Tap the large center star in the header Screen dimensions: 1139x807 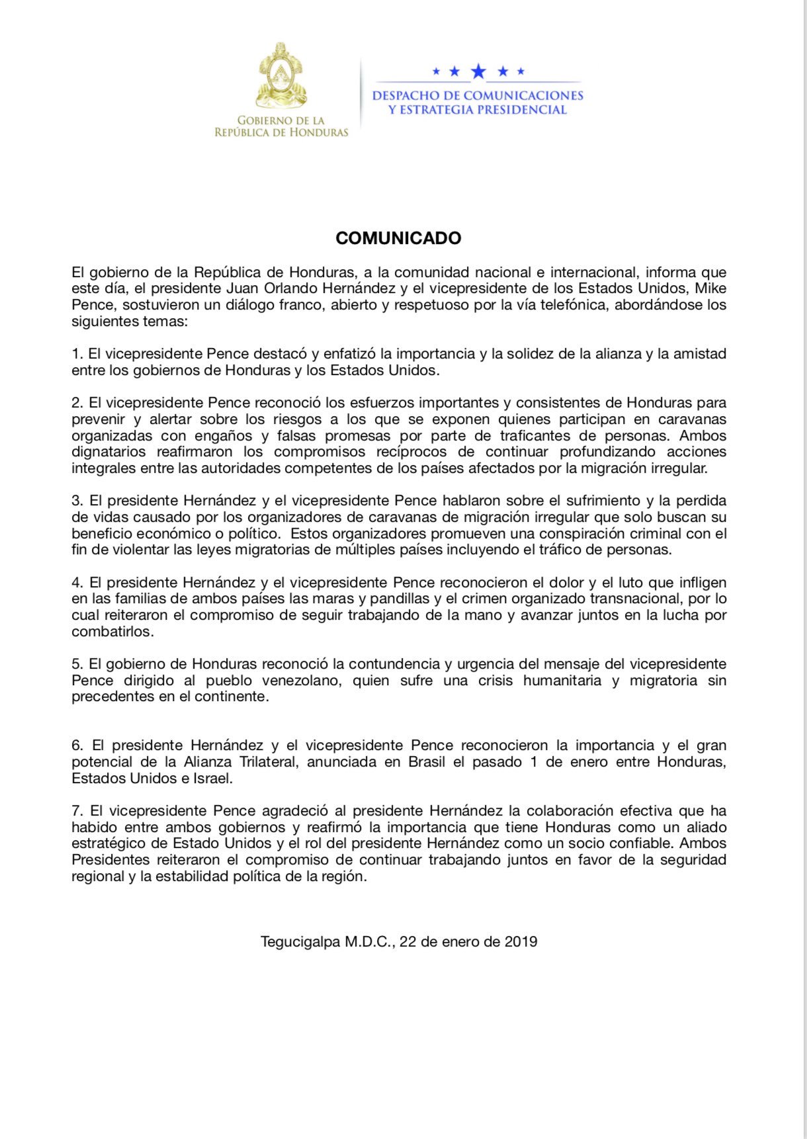tap(478, 71)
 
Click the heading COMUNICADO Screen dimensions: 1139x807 tap(398, 238)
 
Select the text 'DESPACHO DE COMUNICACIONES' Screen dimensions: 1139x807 tap(478, 96)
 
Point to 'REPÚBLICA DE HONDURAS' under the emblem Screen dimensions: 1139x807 tap(281, 132)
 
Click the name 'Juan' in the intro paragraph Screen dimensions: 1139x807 tap(241, 288)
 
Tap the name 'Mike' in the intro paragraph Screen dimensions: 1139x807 tap(710, 288)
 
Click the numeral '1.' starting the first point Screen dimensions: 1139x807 tap(77, 354)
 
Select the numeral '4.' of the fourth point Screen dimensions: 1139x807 tap(77, 583)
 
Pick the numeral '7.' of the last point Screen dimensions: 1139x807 tap(78, 811)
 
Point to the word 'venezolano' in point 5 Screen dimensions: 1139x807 tap(300, 681)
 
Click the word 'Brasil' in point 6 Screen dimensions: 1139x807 tap(427, 762)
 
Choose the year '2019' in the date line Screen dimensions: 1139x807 tap(521, 942)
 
